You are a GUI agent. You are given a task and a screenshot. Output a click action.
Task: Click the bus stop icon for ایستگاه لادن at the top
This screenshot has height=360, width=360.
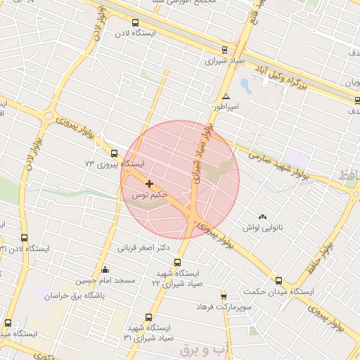tap(136, 22)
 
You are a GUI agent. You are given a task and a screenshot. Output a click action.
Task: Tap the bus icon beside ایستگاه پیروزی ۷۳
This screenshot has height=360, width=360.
tap(114, 153)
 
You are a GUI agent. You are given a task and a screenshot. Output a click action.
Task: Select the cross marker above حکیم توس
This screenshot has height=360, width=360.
tap(149, 184)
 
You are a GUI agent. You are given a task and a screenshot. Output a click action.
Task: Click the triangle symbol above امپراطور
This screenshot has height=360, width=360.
tap(226, 96)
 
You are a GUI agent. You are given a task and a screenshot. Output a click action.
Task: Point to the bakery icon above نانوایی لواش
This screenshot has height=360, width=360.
tap(263, 217)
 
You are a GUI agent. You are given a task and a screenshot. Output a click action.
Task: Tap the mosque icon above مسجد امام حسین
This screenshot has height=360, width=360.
tap(105, 269)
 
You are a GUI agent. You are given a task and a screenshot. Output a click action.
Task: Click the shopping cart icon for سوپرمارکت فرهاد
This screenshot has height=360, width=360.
tap(224, 296)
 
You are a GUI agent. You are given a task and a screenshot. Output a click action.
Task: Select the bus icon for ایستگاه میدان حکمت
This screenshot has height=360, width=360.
tap(279, 281)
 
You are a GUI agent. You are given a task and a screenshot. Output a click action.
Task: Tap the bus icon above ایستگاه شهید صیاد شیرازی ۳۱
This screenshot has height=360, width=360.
tap(148, 317)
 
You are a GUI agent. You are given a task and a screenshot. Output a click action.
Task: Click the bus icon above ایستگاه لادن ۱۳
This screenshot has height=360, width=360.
tap(25, 238)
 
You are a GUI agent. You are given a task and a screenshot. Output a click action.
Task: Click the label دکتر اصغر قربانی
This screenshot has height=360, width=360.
tap(145, 247)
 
